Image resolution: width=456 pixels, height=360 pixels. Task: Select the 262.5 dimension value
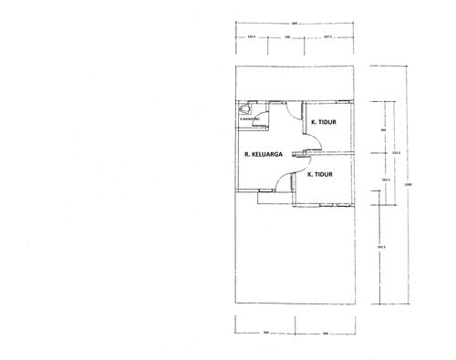click(x=386, y=180)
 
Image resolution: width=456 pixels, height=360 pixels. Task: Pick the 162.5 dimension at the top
click(x=251, y=37)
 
